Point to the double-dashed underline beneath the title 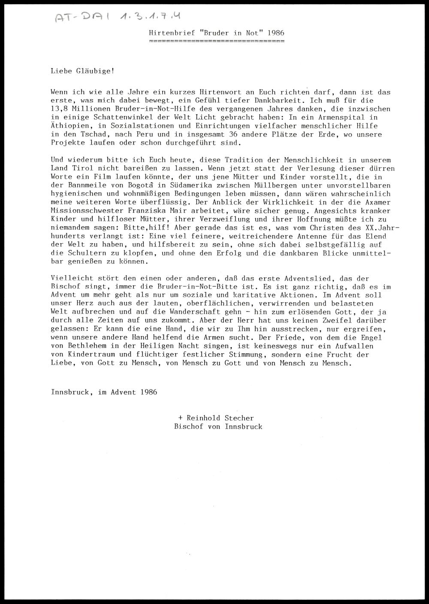tap(216, 42)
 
